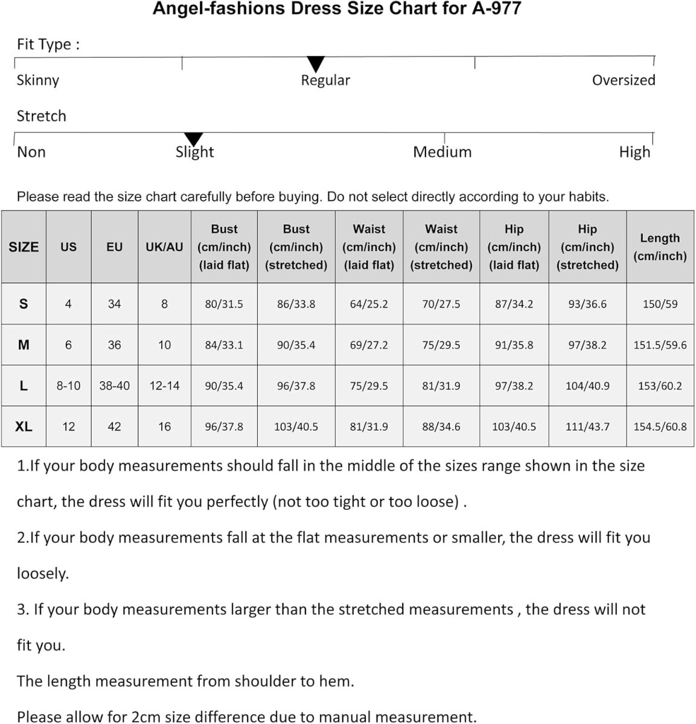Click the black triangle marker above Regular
coord(316,63)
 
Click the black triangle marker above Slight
coord(193,139)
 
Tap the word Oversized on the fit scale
coord(623,80)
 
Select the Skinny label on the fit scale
coord(37,80)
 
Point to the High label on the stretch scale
coord(634,152)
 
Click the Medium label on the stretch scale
coord(442,152)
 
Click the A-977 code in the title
coord(496,9)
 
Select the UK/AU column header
coord(164,247)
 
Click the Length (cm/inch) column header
coord(660,247)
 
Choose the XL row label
coord(24,427)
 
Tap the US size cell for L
coord(68,386)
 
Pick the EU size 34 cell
coord(114,304)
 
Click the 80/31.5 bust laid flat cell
coord(224,304)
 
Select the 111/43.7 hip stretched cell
coord(587,427)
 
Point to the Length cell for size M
coord(660,345)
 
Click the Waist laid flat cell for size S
coord(369,304)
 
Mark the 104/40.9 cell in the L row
coord(587,386)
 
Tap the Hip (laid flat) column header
coord(514,247)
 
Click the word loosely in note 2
coord(42,574)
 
